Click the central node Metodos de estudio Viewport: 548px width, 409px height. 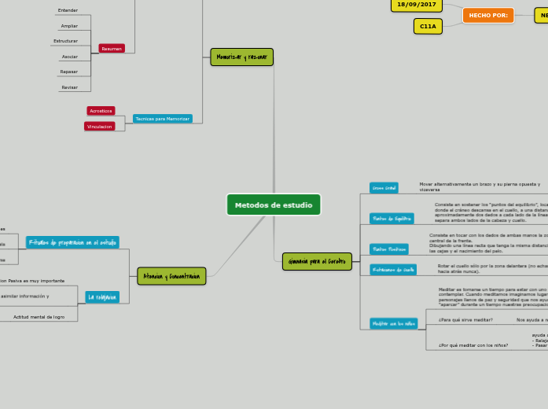click(x=274, y=204)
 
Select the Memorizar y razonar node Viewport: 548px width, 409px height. click(x=241, y=57)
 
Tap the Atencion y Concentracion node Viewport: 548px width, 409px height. click(x=171, y=276)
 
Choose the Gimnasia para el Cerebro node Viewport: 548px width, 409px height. click(x=316, y=261)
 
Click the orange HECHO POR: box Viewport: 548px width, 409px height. click(x=488, y=15)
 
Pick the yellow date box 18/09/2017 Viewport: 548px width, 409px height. click(x=417, y=5)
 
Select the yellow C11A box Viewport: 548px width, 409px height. click(x=428, y=26)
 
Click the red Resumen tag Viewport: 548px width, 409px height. click(x=112, y=49)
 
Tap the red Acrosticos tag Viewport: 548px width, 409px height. click(x=101, y=111)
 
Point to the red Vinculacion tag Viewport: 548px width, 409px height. click(x=100, y=126)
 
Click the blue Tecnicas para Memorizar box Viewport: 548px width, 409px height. click(x=162, y=119)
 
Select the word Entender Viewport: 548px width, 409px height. click(x=68, y=10)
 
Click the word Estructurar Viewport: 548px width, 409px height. click(x=66, y=41)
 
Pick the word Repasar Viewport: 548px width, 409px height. click(x=69, y=72)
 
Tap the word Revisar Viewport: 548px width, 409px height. click(x=69, y=87)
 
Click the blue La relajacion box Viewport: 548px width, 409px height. click(x=102, y=297)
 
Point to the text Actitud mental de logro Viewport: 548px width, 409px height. click(x=39, y=317)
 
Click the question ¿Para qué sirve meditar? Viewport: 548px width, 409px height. click(x=465, y=320)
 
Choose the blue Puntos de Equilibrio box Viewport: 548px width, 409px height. click(x=392, y=219)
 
